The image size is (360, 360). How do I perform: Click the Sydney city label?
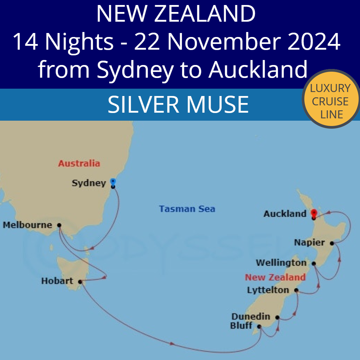[x=89, y=183]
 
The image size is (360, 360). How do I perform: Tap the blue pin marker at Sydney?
[x=113, y=182]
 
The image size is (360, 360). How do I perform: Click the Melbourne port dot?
[x=59, y=225]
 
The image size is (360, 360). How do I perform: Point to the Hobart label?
[x=57, y=281]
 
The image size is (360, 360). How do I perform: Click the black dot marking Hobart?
[x=80, y=282]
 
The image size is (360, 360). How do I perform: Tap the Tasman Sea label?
[x=187, y=209]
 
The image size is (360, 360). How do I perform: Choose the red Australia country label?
[x=79, y=163]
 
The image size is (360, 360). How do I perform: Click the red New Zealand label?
[x=275, y=277]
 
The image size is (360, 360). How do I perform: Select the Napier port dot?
[x=332, y=243]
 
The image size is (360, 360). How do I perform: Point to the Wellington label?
[x=281, y=263]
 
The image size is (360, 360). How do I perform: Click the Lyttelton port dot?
[x=296, y=290]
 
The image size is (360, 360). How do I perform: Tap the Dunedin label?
[x=251, y=317]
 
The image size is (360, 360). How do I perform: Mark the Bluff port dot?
[x=259, y=327]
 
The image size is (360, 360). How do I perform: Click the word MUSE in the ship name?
[x=217, y=105]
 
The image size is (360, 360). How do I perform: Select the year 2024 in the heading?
[x=315, y=42]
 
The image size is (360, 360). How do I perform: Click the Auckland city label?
[x=285, y=214]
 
